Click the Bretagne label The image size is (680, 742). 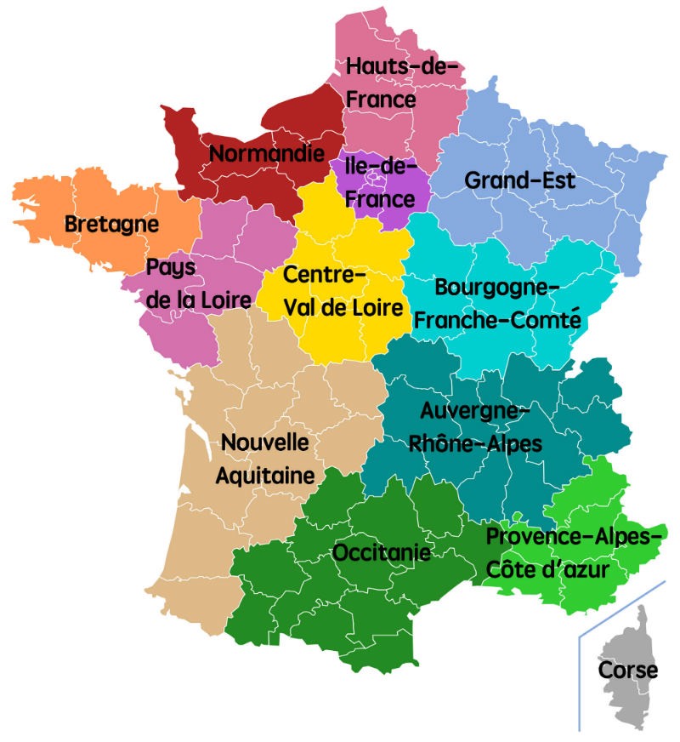point(111,225)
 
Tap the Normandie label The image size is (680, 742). point(267,154)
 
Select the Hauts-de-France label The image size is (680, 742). point(401,83)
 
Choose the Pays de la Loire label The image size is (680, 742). point(198,283)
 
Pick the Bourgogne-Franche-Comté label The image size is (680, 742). point(496,304)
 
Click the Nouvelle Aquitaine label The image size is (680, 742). point(264,459)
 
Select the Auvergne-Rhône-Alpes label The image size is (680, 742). point(475,428)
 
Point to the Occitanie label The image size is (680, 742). point(381,553)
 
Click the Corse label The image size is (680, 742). point(627,670)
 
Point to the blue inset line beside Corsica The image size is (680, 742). point(580,681)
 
